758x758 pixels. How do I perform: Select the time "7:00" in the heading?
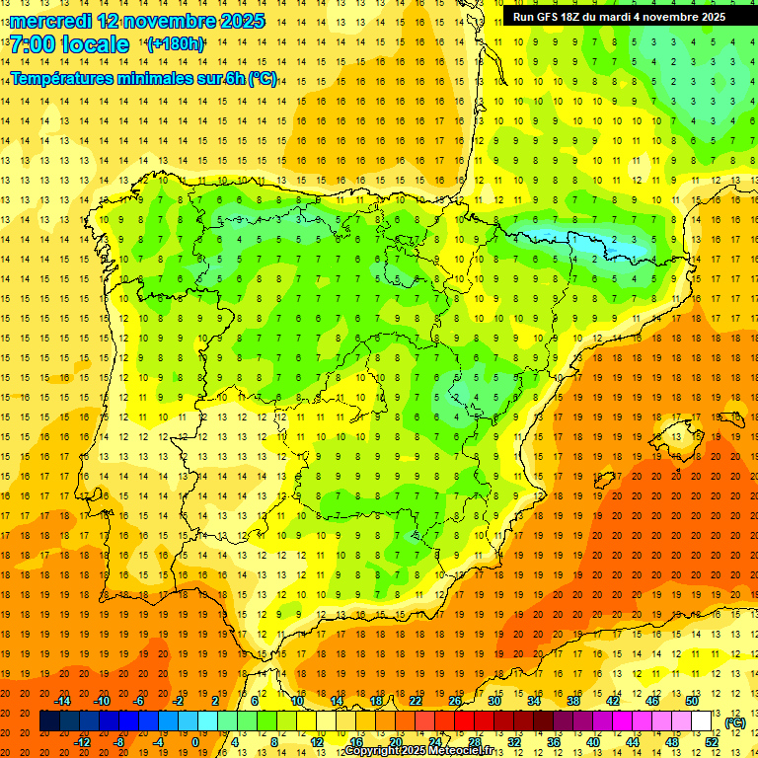coord(32,44)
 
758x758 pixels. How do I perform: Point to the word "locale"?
coord(95,44)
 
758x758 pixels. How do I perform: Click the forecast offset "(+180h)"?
coord(176,44)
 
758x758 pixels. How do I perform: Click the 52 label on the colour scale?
coord(712,742)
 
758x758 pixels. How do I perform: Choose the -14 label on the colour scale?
coord(63,701)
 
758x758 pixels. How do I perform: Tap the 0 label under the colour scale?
coord(195,742)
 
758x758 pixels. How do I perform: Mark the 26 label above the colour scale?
coord(456,701)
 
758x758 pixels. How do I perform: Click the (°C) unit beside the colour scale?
coord(734,722)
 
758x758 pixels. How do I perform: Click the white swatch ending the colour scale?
coord(702,721)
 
